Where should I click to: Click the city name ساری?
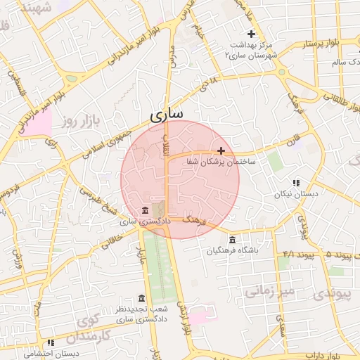tap(167, 113)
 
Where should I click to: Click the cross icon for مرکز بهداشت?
tap(251, 34)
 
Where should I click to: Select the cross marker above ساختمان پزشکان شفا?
tap(221, 150)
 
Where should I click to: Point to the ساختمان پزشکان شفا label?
tap(220, 162)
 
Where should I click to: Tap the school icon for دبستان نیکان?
tap(296, 182)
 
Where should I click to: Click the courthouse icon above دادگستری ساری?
tap(145, 210)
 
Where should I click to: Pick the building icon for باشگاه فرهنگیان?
tap(233, 240)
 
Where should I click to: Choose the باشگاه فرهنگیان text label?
tap(233, 250)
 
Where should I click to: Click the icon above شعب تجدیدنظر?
tap(142, 298)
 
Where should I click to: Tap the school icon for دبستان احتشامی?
tap(50, 343)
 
